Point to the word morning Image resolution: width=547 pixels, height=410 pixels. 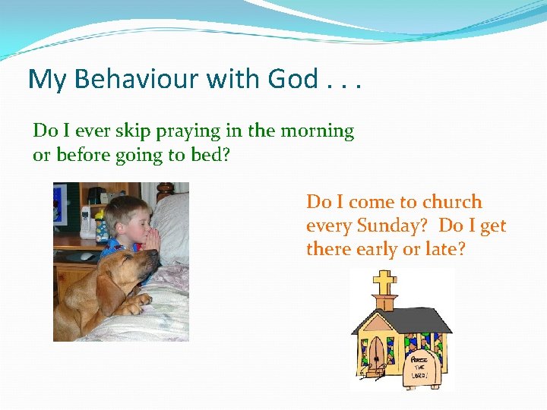click(317, 131)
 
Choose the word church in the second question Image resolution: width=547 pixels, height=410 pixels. click(451, 202)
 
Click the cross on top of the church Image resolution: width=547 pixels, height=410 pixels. click(384, 284)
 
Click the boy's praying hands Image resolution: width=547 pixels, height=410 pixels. click(153, 239)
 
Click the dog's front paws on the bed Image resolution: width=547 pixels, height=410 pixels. click(135, 307)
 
